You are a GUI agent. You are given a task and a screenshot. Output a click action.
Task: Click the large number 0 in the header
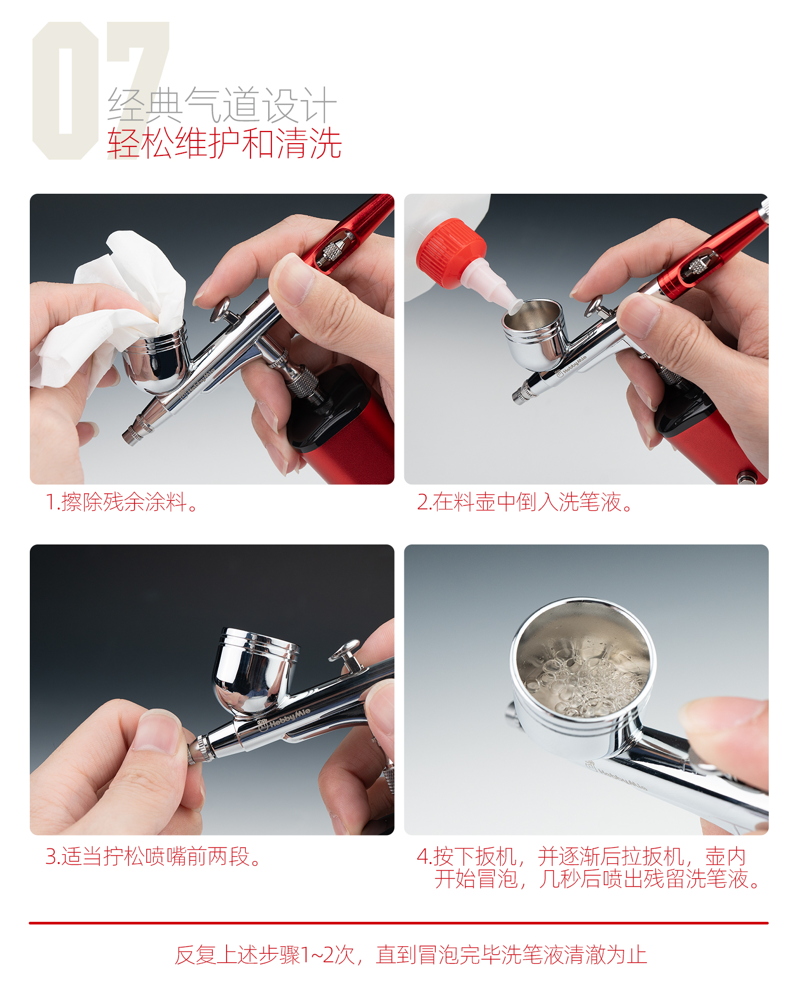(x=65, y=90)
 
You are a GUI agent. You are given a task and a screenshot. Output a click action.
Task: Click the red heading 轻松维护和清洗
(x=224, y=143)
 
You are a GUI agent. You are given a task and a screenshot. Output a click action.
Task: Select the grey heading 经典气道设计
(x=222, y=104)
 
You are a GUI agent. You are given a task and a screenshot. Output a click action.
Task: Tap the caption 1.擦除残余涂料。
(x=122, y=502)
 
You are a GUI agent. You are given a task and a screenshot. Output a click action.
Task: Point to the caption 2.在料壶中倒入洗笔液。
(x=525, y=502)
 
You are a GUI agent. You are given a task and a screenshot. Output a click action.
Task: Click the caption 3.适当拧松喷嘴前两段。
(x=153, y=856)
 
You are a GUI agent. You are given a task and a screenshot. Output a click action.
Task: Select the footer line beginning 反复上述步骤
(x=411, y=955)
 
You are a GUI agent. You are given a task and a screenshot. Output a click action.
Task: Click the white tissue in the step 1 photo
(x=114, y=309)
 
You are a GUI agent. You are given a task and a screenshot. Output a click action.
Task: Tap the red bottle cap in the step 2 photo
(x=451, y=253)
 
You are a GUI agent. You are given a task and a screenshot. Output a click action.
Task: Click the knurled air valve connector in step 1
(x=303, y=381)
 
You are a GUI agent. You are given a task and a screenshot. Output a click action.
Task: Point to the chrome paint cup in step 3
(x=255, y=671)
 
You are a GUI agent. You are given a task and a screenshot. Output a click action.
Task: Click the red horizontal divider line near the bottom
(x=398, y=923)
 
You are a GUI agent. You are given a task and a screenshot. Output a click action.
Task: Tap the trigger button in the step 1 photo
(x=221, y=309)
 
